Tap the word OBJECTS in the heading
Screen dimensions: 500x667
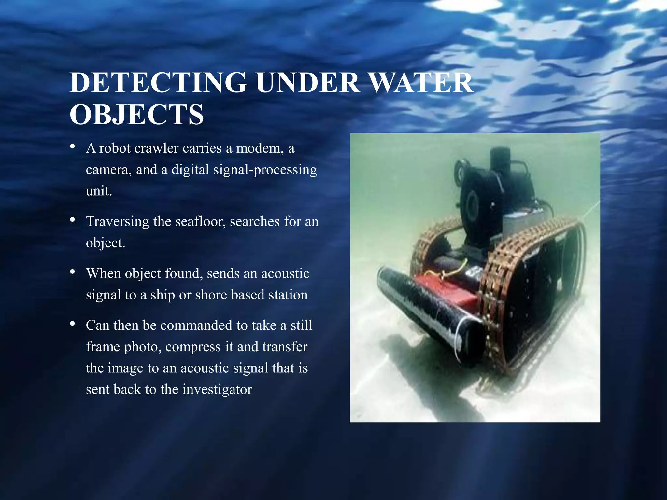[136, 115]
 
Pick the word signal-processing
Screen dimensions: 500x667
[265, 170]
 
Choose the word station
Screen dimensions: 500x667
[288, 295]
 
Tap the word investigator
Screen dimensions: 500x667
[217, 389]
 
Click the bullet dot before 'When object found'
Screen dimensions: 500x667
[73, 271]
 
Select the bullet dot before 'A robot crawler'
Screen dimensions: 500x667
[73, 146]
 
